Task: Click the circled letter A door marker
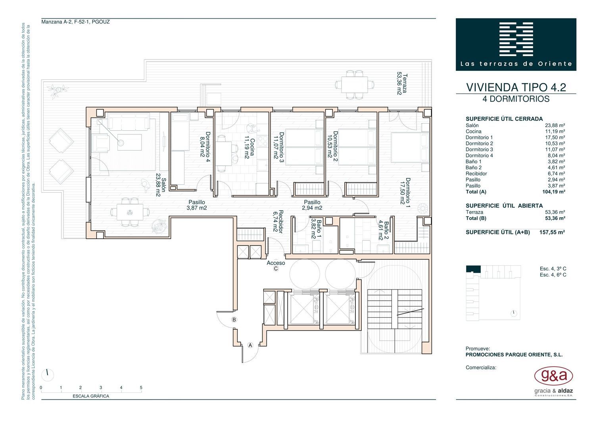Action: pyautogui.click(x=250, y=345)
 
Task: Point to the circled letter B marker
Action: pyautogui.click(x=234, y=320)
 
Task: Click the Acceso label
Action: pyautogui.click(x=276, y=263)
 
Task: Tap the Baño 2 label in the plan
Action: pyautogui.click(x=384, y=230)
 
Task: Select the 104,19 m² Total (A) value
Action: pyautogui.click(x=554, y=192)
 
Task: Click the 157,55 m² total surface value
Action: pyautogui.click(x=552, y=232)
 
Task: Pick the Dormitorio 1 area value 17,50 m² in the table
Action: pyautogui.click(x=555, y=137)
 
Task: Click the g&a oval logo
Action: pyautogui.click(x=553, y=376)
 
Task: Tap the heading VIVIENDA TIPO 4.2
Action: pyautogui.click(x=516, y=87)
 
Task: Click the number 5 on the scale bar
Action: pyautogui.click(x=141, y=388)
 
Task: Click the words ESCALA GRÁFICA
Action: pyautogui.click(x=91, y=396)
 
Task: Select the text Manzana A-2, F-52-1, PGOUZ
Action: pyautogui.click(x=75, y=22)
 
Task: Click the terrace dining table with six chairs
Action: pyautogui.click(x=355, y=85)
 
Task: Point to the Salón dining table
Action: pyautogui.click(x=130, y=212)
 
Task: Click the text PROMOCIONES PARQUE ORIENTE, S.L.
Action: pyautogui.click(x=514, y=355)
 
